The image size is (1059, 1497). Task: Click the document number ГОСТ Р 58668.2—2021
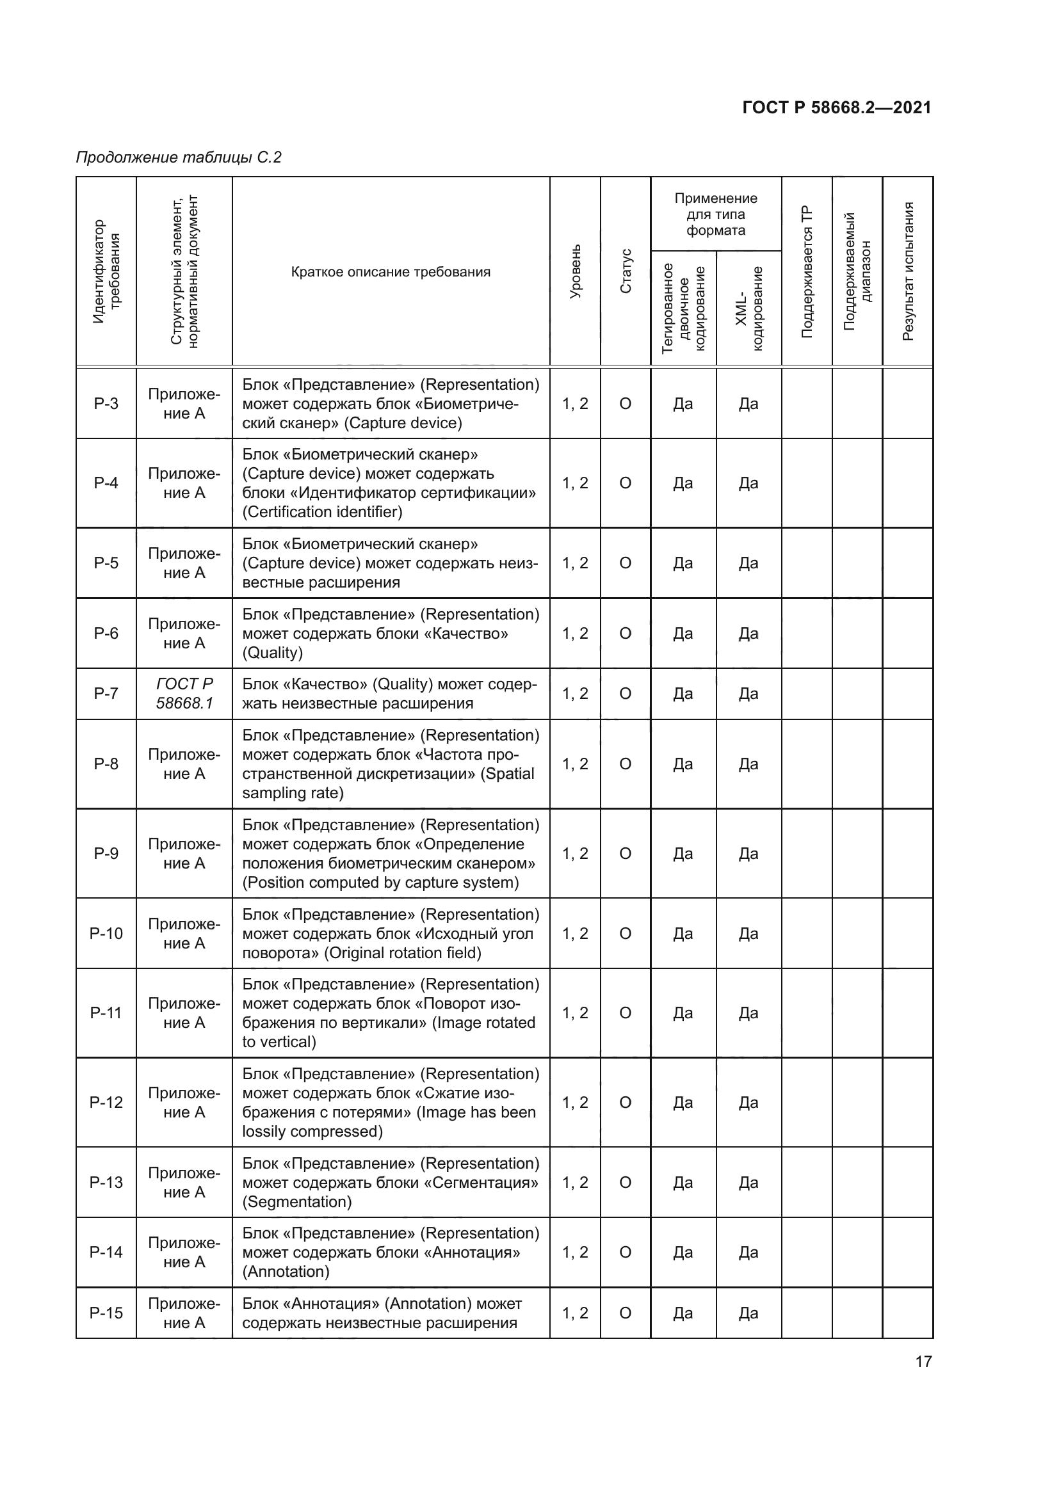836,108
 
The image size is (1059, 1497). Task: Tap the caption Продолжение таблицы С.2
179,157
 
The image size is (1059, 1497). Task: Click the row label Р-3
106,404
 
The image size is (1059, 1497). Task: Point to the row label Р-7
106,693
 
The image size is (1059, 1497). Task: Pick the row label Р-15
106,1313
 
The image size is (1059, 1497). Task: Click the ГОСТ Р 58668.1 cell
184,693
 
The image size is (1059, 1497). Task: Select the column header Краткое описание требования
391,272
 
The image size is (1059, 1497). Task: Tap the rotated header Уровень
575,272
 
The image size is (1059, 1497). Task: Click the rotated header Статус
626,271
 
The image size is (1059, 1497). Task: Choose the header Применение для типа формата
715,214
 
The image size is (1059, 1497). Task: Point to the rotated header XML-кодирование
748,308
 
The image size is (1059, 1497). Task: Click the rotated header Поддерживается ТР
807,272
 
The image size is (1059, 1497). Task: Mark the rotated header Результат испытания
908,271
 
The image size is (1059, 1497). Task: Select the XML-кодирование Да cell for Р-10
748,933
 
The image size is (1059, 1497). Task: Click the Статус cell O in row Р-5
626,563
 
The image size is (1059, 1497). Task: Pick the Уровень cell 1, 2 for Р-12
575,1102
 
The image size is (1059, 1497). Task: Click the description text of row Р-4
389,483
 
